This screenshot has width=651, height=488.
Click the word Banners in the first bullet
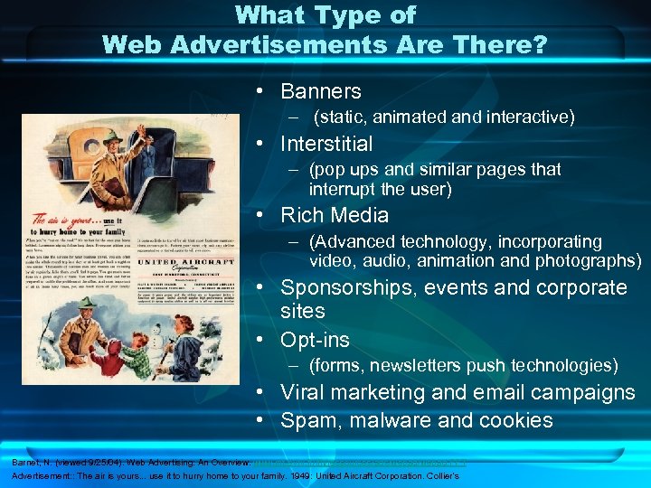[x=320, y=91]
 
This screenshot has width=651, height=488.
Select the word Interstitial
[x=326, y=144]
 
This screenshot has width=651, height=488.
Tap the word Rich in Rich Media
[x=300, y=215]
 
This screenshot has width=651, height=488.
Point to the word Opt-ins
[x=315, y=341]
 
